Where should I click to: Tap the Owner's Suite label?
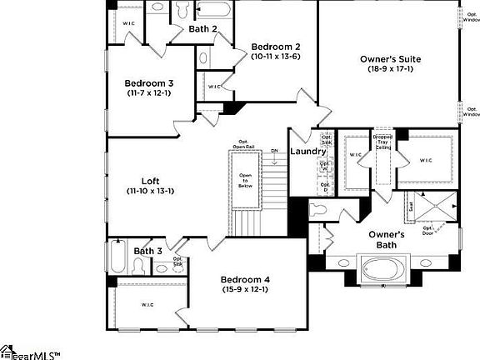click(390, 59)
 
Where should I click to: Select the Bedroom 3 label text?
click(149, 83)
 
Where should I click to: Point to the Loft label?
click(150, 181)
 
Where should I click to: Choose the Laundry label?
click(307, 152)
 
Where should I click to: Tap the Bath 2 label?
click(203, 29)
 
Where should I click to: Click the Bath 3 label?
click(147, 251)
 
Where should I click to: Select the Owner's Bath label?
click(387, 240)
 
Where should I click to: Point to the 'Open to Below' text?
click(245, 181)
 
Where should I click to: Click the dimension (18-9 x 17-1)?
click(390, 70)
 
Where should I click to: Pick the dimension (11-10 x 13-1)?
click(150, 192)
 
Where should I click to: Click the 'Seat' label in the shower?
click(411, 205)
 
